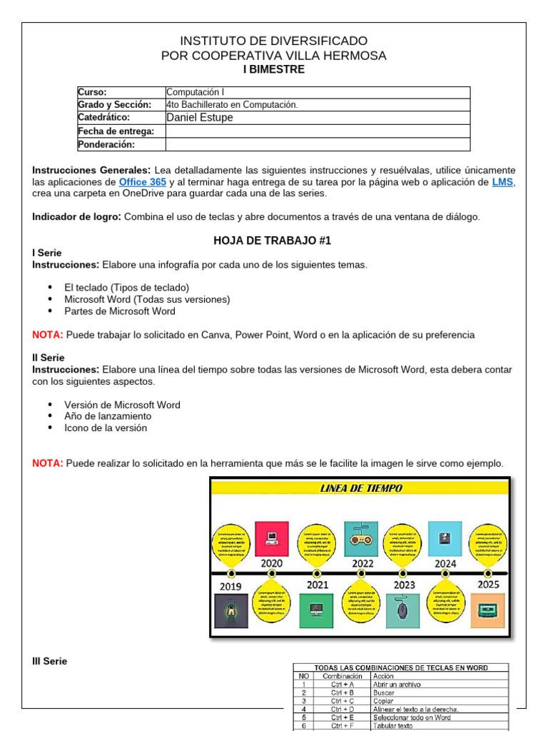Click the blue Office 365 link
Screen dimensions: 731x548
(143, 182)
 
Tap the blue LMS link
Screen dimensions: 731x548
(502, 182)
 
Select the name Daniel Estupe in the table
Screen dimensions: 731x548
(199, 118)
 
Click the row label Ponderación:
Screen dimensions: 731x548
(106, 144)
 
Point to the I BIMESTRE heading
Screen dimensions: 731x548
(274, 69)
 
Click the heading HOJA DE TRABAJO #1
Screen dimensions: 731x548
(273, 241)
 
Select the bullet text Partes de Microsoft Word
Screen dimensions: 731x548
(119, 311)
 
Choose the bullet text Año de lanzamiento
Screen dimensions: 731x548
(108, 416)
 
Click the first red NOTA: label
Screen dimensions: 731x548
(48, 335)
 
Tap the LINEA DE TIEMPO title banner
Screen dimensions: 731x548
(360, 488)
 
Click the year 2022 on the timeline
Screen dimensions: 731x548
(362, 563)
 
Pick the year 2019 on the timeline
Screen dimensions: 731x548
(230, 586)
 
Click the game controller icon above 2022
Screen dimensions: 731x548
(361, 538)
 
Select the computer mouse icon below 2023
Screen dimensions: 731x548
(402, 610)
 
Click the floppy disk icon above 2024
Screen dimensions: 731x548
(445, 538)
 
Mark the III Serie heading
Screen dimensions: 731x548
(50, 661)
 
